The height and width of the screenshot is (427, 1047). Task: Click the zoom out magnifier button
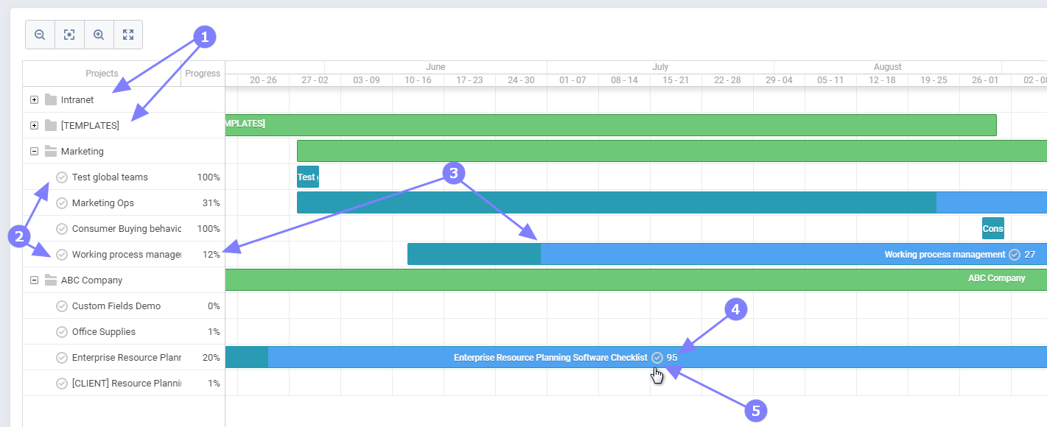click(40, 35)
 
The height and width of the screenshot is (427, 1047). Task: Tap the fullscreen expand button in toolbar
click(128, 35)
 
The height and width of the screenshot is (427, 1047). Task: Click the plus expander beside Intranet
click(34, 99)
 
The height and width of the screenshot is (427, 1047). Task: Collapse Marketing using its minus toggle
click(34, 151)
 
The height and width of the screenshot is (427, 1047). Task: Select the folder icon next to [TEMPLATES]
click(51, 125)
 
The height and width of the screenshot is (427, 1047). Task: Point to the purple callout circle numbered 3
click(454, 174)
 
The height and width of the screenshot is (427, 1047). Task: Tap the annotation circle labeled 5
click(755, 410)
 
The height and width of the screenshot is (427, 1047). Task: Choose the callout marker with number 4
click(735, 310)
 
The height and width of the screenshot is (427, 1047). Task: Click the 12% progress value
click(211, 254)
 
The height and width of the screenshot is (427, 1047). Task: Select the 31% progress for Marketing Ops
click(211, 202)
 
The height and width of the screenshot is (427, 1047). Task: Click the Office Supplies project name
click(104, 331)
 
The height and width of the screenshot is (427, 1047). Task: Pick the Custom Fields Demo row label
click(116, 306)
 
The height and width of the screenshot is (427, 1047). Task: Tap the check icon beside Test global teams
click(62, 177)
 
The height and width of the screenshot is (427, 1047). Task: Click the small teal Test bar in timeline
click(307, 177)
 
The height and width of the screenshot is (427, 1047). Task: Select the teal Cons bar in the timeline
click(992, 228)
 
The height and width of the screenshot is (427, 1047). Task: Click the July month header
click(660, 67)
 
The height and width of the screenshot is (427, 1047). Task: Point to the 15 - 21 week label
click(676, 80)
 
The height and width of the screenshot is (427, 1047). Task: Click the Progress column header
click(203, 73)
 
